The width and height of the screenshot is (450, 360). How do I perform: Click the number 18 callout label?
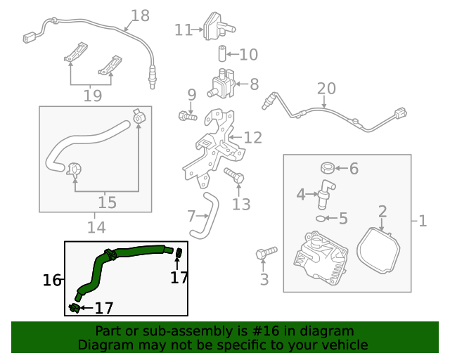click(x=141, y=15)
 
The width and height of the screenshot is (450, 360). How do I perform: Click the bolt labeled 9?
click(x=187, y=115)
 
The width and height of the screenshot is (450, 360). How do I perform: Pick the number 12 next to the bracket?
click(x=252, y=137)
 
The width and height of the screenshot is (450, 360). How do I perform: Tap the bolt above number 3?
click(x=266, y=251)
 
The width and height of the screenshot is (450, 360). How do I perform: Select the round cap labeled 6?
click(x=327, y=168)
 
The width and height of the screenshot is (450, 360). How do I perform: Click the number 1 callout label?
click(x=422, y=221)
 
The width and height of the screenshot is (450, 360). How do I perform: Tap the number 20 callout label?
click(x=326, y=89)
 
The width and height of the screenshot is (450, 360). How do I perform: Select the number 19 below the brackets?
click(x=92, y=96)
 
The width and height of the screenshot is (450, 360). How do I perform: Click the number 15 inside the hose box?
click(x=107, y=202)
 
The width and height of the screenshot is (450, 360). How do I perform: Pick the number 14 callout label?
click(x=96, y=227)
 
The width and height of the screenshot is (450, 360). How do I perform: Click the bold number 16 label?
click(x=52, y=280)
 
